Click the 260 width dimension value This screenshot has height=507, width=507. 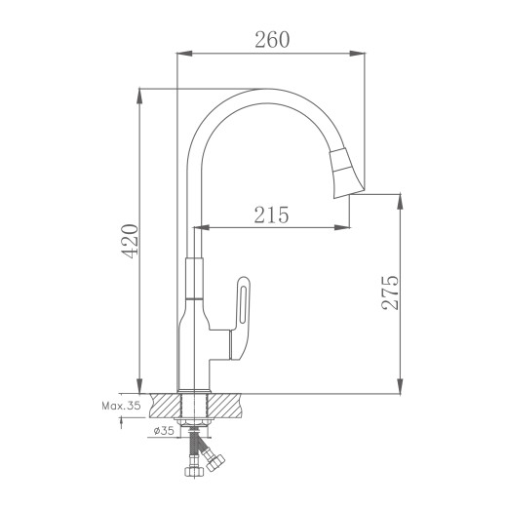click(272, 40)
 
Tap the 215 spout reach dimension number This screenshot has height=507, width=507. click(271, 214)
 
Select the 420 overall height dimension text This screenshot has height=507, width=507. click(130, 241)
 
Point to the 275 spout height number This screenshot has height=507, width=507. click(390, 292)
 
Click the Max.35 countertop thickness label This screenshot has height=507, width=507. click(121, 406)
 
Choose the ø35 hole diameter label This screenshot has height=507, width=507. click(164, 431)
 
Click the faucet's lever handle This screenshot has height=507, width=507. click(240, 319)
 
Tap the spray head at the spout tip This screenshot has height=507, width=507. click(347, 173)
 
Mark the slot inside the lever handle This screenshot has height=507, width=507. click(244, 305)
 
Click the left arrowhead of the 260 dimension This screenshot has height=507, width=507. click(184, 54)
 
